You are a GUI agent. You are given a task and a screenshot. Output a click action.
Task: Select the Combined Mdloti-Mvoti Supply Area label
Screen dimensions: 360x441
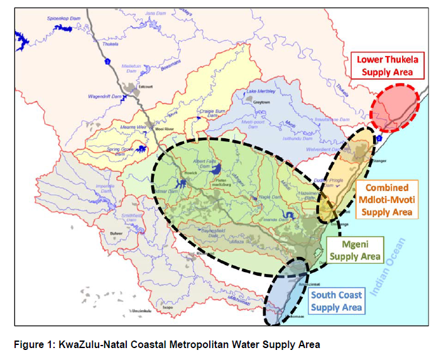tap(387, 200)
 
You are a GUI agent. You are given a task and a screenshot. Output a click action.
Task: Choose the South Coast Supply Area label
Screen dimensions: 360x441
tap(336, 302)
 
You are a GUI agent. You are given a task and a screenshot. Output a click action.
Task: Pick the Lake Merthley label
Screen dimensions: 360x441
tap(261, 90)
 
